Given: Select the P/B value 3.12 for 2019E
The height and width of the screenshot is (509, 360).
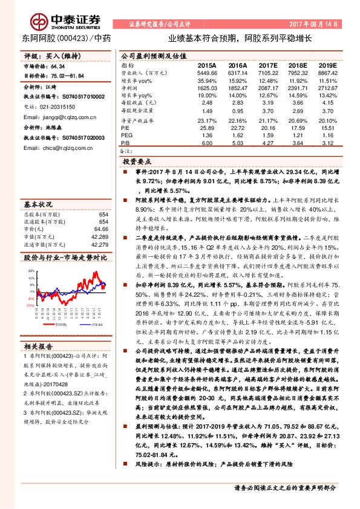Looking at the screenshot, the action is (x=329, y=144).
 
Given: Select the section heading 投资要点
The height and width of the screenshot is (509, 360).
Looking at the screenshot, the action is (x=137, y=163).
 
